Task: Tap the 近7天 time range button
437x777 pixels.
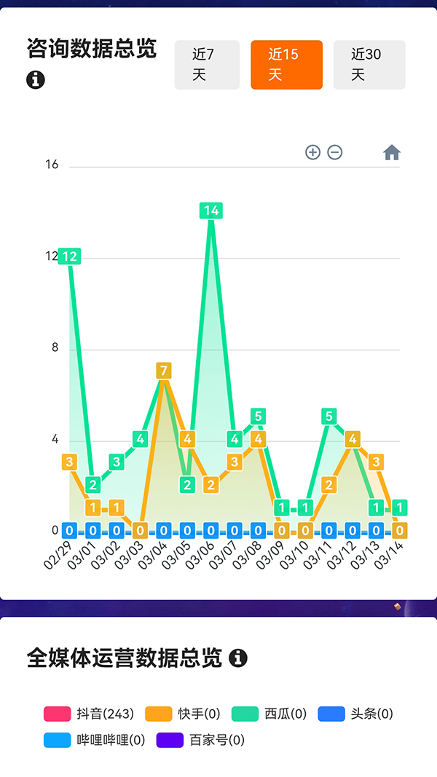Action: [207, 65]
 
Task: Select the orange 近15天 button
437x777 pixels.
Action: [286, 65]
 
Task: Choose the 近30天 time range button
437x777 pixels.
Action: [369, 65]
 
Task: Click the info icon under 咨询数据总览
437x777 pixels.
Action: [36, 80]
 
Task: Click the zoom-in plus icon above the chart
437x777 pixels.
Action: [312, 152]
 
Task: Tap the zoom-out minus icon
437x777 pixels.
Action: [335, 152]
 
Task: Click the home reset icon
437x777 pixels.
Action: [392, 152]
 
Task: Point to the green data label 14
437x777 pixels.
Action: [211, 211]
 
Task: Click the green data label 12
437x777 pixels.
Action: [70, 256]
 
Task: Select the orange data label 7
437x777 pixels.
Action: [164, 371]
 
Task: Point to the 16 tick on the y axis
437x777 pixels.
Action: [52, 165]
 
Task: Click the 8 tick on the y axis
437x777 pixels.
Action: [55, 348]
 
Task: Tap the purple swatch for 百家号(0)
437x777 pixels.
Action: [170, 741]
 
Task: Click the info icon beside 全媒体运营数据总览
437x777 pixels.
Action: [238, 658]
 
